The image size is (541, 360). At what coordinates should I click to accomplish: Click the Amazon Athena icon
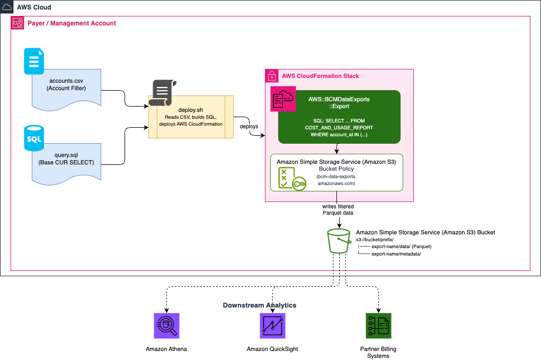tap(166, 326)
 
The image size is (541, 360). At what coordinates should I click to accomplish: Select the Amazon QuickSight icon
tap(272, 326)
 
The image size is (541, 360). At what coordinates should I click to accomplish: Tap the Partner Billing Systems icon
tap(378, 326)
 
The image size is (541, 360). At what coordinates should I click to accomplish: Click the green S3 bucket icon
tap(339, 241)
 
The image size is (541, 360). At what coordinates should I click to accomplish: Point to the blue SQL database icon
tap(34, 138)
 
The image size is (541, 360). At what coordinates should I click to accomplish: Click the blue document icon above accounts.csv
tap(34, 61)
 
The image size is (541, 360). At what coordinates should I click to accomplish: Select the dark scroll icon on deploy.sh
tap(163, 92)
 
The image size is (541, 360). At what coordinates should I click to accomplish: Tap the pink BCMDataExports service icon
tap(283, 99)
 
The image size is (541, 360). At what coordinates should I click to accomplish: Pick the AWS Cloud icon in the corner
tap(6, 7)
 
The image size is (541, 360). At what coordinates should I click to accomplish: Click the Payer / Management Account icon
tap(17, 23)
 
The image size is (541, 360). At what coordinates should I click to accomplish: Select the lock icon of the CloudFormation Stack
tap(271, 76)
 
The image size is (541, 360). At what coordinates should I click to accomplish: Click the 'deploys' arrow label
tap(249, 126)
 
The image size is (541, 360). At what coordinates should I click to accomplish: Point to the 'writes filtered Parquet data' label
tap(338, 209)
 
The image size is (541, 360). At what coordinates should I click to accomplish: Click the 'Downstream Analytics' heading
tap(260, 305)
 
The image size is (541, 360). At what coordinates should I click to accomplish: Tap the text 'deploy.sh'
tap(190, 110)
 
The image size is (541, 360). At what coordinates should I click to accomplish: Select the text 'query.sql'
tap(66, 155)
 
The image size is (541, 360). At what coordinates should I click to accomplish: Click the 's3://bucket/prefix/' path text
tap(375, 240)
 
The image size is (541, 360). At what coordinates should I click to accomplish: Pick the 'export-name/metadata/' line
tap(396, 254)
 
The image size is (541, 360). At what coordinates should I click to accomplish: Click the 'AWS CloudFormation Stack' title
tap(320, 76)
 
